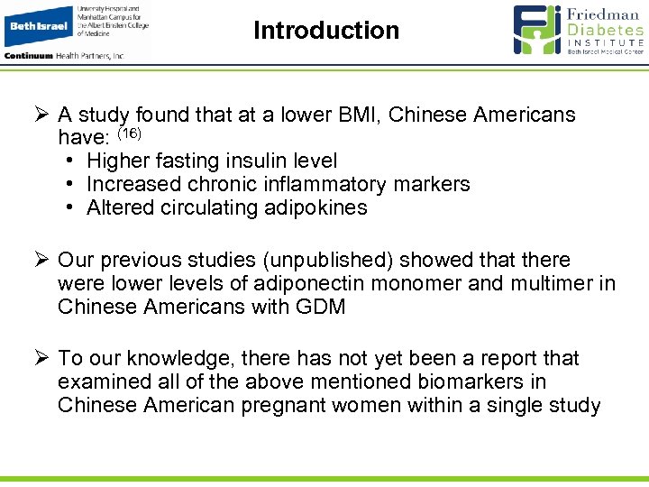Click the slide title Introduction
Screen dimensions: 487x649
point(325,31)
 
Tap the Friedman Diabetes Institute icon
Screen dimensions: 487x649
point(537,30)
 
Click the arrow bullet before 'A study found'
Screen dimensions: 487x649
point(41,115)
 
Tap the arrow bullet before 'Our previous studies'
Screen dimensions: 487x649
point(41,261)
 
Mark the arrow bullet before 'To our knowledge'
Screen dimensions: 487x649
point(41,359)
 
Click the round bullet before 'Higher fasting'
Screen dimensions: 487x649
point(70,161)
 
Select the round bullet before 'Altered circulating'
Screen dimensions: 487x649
point(70,208)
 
